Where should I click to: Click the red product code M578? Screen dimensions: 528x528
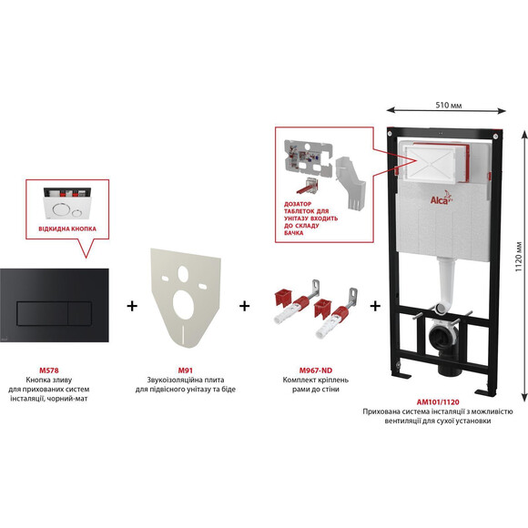(x=49, y=371)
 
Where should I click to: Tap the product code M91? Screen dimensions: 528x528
(x=185, y=371)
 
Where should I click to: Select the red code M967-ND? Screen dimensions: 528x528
(x=316, y=371)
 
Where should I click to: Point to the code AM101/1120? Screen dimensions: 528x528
(x=438, y=401)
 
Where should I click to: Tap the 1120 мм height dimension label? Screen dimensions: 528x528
(x=519, y=257)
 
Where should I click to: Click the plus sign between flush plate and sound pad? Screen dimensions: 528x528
(x=132, y=306)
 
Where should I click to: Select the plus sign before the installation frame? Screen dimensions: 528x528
(x=375, y=306)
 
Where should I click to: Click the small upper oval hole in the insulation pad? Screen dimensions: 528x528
(x=183, y=273)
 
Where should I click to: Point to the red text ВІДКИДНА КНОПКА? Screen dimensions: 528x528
(x=67, y=229)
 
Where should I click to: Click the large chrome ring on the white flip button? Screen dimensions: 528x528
(x=61, y=209)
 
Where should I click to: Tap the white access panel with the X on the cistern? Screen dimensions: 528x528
(x=432, y=164)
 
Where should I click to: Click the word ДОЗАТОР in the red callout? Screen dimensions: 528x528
(x=298, y=204)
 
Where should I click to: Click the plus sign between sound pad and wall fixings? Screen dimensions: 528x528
(x=245, y=306)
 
